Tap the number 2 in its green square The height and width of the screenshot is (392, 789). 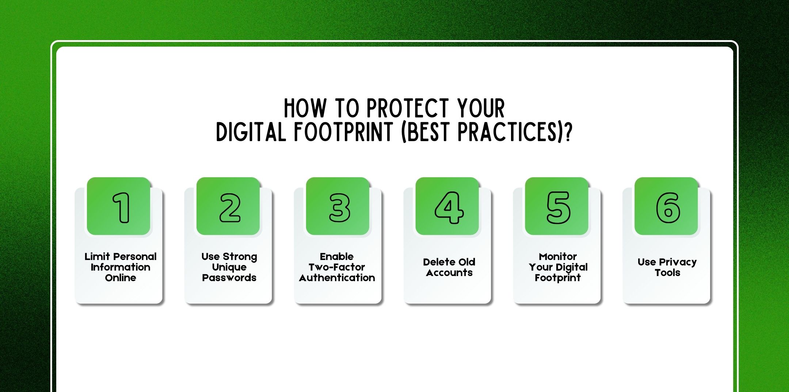(230, 207)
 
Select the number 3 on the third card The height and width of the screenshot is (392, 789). (339, 207)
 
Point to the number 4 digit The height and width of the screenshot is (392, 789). (449, 207)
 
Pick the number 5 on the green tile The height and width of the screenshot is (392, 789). (558, 207)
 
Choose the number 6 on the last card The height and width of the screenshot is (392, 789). (668, 207)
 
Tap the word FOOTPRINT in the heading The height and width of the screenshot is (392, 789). (343, 132)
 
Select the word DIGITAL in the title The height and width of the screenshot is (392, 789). (251, 132)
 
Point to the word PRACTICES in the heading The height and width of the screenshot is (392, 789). (508, 132)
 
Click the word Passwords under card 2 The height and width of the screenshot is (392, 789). (229, 278)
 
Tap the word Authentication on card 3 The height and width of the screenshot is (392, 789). (337, 278)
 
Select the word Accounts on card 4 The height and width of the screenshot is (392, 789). (449, 273)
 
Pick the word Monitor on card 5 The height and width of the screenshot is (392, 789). (557, 256)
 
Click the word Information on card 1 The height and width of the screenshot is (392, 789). (120, 267)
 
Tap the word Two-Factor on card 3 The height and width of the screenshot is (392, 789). (337, 267)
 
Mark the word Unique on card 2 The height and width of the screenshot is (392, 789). (229, 267)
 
